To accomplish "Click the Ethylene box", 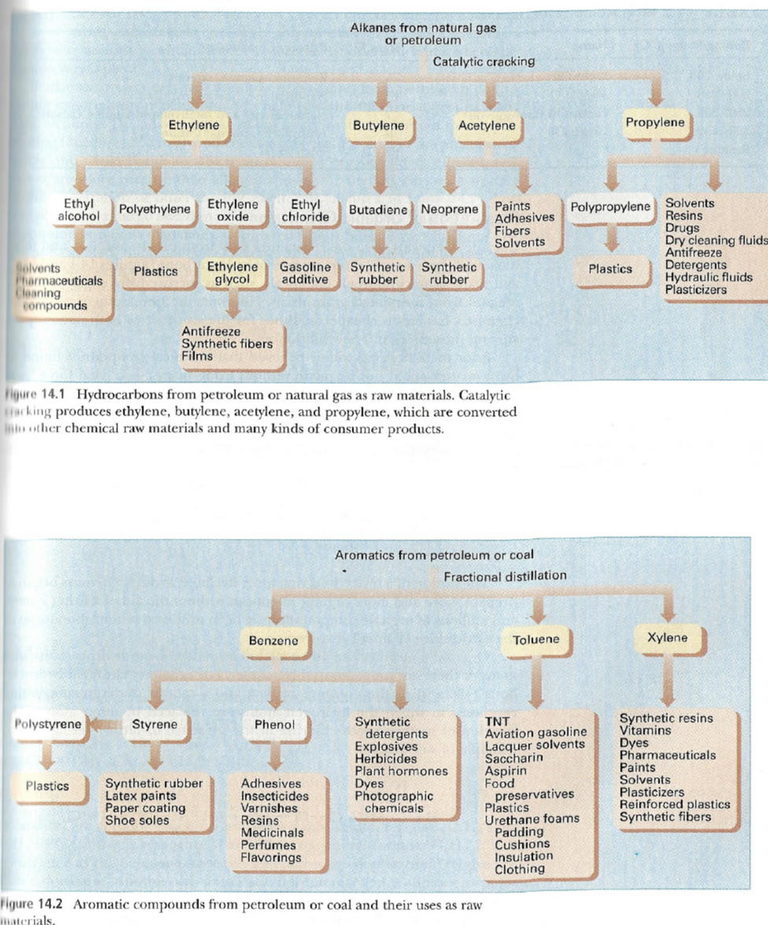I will tap(194, 124).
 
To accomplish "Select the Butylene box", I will tap(378, 126).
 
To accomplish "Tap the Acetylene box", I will tap(487, 126).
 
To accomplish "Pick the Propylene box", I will tap(655, 123).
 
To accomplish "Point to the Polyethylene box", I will tap(155, 210).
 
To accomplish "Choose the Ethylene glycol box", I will tap(232, 273).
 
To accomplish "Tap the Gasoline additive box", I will tap(305, 273).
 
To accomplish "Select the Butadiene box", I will tap(378, 210).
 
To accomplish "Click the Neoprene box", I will tap(449, 210).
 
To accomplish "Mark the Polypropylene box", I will tap(611, 207).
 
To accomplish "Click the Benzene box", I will tap(273, 641).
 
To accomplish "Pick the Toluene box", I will tap(536, 640).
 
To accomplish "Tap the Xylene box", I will tap(667, 638).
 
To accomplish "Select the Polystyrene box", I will tap(48, 724).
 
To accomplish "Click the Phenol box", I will tap(275, 724).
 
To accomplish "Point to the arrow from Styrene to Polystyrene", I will tap(102, 724).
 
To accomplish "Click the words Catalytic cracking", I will tap(484, 61).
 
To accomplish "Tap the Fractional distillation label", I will tap(504, 576).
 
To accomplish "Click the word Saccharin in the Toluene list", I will tap(513, 758).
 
